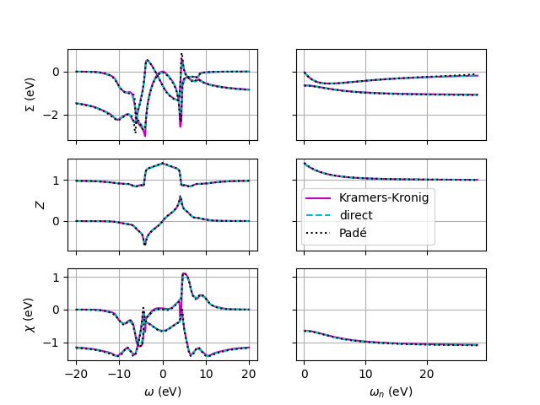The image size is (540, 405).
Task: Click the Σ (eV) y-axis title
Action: point(30,95)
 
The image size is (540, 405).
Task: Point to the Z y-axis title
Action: point(40,204)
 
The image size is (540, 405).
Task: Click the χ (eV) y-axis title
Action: point(30,315)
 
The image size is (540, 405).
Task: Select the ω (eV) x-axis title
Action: point(163,391)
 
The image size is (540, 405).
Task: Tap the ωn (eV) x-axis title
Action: point(391,391)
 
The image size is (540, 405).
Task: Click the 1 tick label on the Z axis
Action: point(60,181)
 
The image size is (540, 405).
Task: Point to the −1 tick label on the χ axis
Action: point(56,343)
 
